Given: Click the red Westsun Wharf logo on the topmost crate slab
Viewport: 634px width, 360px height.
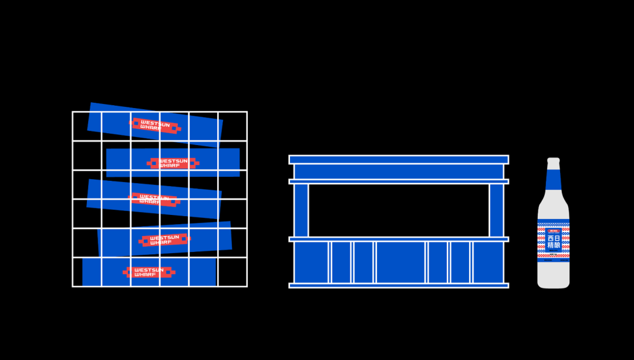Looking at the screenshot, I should (x=155, y=125).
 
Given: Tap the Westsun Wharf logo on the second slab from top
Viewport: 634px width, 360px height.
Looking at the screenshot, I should (x=173, y=163).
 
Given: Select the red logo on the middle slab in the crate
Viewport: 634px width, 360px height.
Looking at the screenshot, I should (x=154, y=200).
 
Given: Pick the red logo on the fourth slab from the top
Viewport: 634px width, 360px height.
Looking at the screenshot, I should (x=165, y=240).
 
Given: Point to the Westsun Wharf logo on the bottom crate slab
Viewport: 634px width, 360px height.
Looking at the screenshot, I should (x=149, y=272).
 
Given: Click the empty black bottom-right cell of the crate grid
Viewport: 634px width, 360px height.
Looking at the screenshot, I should (x=232, y=272).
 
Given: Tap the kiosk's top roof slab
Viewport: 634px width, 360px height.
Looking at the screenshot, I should (x=399, y=160).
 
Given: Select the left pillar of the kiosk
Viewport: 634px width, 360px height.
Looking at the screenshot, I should (x=301, y=210).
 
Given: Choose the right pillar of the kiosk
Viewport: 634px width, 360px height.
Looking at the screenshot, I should (x=497, y=210).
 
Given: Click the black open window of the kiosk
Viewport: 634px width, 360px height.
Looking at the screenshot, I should (x=399, y=210).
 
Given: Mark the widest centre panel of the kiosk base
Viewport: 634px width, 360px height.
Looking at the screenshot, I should (x=400, y=262).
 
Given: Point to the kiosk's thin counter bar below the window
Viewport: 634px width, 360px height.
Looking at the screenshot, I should (x=399, y=239).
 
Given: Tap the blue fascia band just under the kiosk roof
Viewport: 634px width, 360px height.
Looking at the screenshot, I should (x=399, y=171).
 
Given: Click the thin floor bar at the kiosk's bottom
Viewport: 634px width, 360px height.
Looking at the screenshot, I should (x=399, y=285).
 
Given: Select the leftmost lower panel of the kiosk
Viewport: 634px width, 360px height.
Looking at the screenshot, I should (x=311, y=262).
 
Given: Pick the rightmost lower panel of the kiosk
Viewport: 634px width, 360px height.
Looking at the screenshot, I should (x=488, y=262).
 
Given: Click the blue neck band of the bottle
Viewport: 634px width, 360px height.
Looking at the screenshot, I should (x=554, y=180).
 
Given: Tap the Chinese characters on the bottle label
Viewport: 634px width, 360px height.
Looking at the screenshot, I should (x=554, y=242).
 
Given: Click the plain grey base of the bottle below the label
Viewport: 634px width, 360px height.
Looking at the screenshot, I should (x=554, y=275).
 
